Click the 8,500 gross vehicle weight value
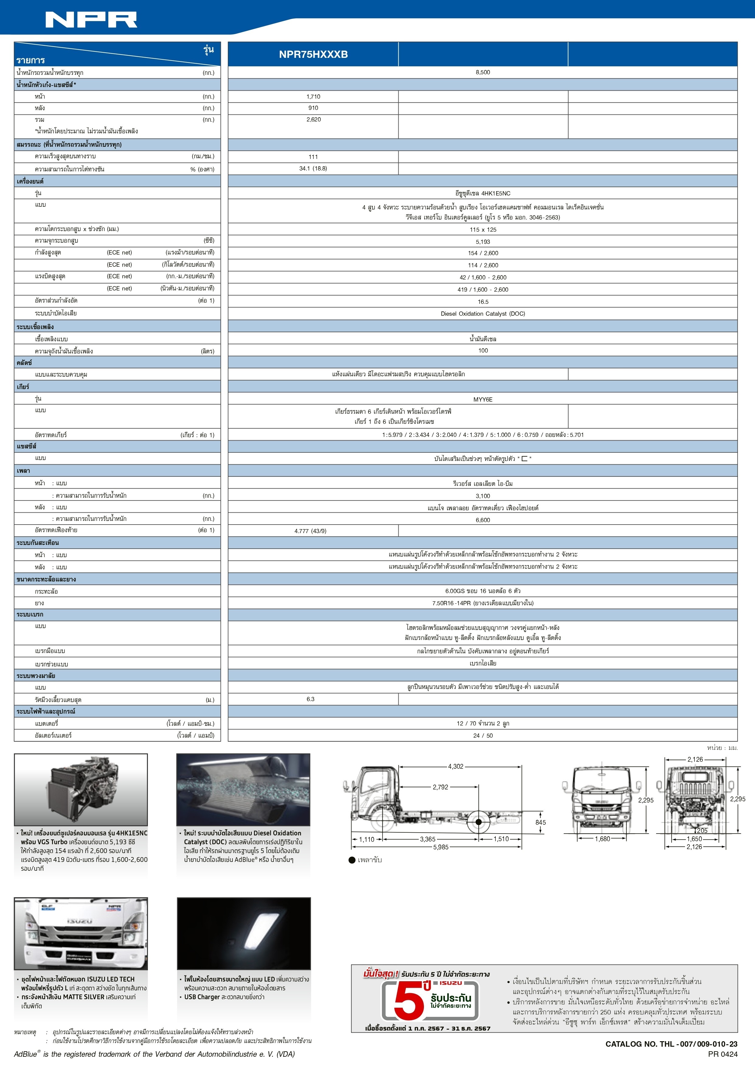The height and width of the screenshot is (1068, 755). [483, 72]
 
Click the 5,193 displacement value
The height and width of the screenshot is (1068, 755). [483, 241]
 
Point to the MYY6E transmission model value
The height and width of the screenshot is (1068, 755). [483, 399]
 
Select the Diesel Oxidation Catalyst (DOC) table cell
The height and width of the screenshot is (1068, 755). [483, 314]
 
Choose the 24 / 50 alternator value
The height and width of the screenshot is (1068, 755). [483, 736]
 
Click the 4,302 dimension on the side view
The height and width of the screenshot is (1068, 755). [455, 767]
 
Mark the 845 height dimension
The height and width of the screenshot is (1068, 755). [540, 822]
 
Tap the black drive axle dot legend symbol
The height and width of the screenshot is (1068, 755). [352, 860]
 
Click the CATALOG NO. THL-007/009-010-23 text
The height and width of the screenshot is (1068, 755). [671, 1044]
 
